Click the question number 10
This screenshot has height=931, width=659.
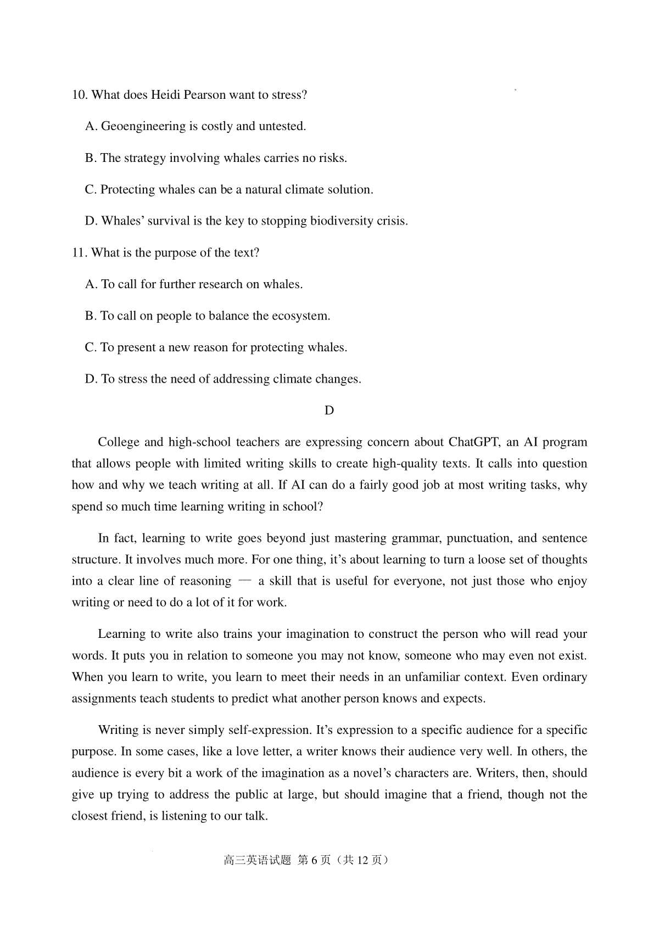pyautogui.click(x=80, y=95)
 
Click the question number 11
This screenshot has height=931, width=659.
pyautogui.click(x=80, y=253)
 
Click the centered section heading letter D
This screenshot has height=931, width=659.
pyautogui.click(x=329, y=411)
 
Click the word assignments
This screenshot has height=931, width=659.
pyautogui.click(x=104, y=699)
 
